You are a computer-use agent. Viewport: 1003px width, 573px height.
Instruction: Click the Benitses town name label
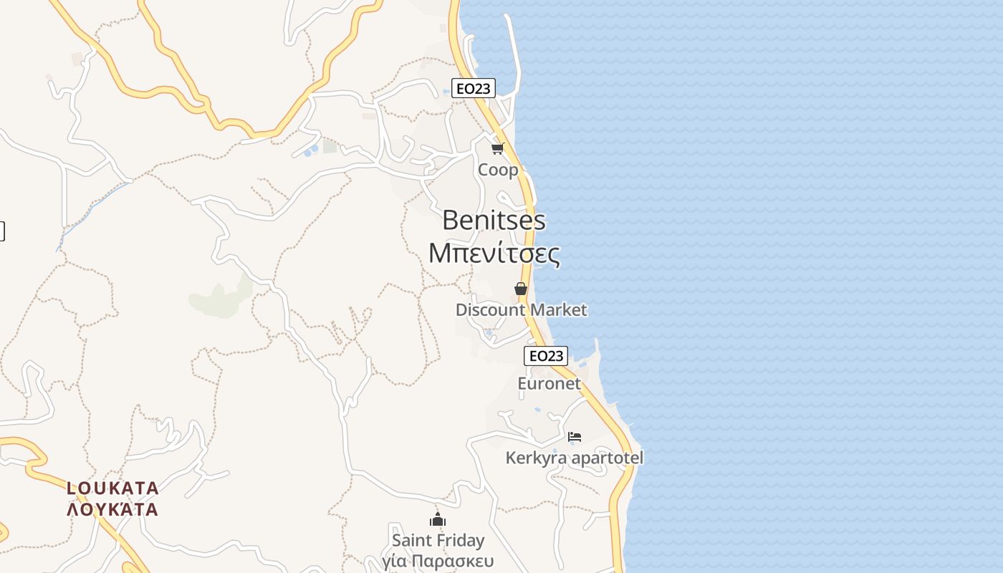click(x=494, y=220)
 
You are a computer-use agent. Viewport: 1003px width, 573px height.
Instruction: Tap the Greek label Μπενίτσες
click(x=494, y=253)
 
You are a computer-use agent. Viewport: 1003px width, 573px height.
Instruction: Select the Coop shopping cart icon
click(x=498, y=149)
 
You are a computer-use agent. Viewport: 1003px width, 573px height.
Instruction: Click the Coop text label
click(x=498, y=170)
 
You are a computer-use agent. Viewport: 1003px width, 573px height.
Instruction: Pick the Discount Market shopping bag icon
click(x=521, y=289)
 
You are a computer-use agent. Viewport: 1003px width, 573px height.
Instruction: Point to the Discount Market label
click(x=521, y=310)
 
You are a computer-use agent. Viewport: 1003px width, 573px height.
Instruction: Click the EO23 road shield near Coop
click(x=474, y=88)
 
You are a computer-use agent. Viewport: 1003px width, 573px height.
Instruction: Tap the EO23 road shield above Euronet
click(x=546, y=356)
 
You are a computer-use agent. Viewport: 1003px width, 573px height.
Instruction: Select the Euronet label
click(x=549, y=383)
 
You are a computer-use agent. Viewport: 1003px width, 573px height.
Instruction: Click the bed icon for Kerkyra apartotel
click(x=575, y=436)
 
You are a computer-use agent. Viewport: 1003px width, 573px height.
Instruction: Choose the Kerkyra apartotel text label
click(x=575, y=458)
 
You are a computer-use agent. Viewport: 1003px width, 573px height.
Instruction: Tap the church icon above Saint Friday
click(x=438, y=519)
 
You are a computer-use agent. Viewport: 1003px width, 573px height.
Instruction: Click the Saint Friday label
click(x=438, y=540)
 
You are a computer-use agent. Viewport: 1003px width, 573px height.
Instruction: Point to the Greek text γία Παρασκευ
click(x=438, y=560)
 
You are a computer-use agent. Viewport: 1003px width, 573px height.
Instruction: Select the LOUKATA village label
click(x=112, y=488)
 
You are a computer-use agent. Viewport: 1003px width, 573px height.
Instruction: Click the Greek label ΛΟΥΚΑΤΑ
click(x=112, y=510)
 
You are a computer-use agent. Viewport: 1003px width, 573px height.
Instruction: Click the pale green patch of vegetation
click(x=219, y=299)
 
